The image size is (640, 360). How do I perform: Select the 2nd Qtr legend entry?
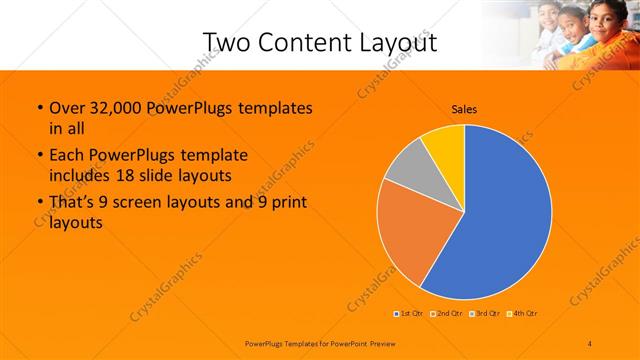[x=447, y=313]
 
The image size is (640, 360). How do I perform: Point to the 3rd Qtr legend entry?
[x=486, y=313]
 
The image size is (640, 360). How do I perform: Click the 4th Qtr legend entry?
[x=523, y=313]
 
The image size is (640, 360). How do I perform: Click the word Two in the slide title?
[x=225, y=43]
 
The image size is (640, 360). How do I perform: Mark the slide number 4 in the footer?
[x=591, y=343]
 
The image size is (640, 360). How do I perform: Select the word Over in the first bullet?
[x=67, y=107]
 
